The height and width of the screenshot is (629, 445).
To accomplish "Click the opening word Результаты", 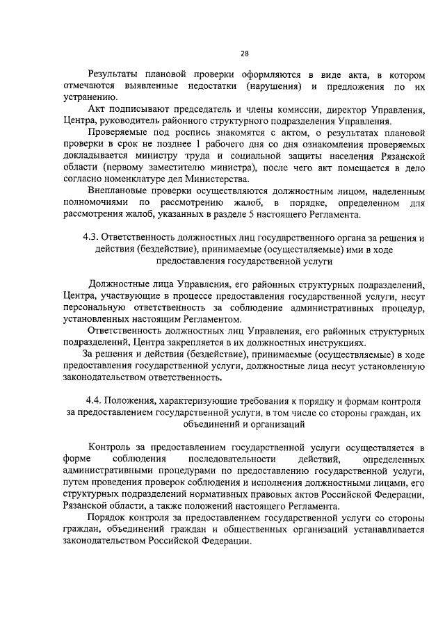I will (113, 75).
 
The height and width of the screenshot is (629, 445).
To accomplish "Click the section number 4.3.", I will (91, 239).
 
